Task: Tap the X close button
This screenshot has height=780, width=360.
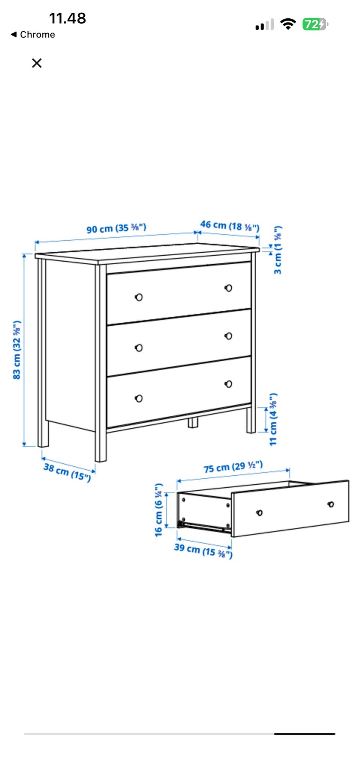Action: (37, 63)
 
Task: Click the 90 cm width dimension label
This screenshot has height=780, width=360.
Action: (116, 228)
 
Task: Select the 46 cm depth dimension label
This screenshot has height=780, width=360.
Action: (230, 226)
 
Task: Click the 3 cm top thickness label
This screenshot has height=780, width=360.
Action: (278, 250)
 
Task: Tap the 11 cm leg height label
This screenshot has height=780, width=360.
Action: (273, 419)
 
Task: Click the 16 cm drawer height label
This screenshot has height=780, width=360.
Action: (159, 510)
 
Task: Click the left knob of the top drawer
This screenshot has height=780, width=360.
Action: (139, 297)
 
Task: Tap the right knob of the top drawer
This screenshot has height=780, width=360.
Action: (228, 288)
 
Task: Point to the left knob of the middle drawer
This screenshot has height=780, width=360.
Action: (139, 348)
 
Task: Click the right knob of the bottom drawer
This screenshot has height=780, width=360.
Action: (228, 384)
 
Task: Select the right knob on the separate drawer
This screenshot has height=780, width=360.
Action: (331, 504)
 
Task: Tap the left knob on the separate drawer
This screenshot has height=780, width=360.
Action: (259, 512)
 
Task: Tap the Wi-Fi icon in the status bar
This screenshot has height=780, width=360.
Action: (288, 24)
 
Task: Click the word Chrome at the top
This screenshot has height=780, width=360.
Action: (37, 34)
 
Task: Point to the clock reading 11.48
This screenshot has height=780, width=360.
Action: (67, 18)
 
